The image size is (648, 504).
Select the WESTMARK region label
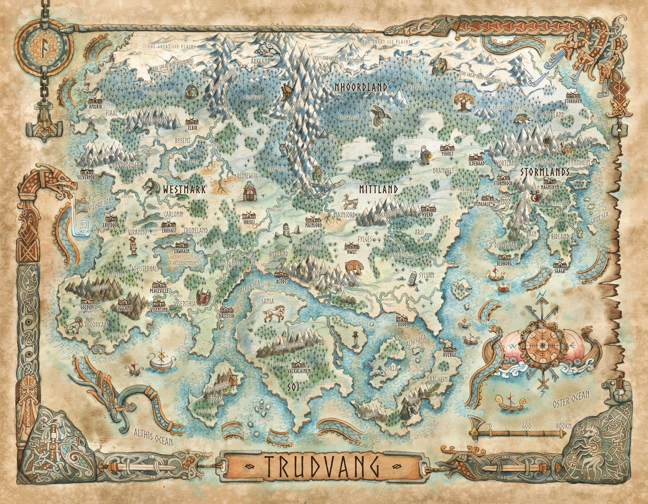click(184, 190)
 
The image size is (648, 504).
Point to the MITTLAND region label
click(378, 189)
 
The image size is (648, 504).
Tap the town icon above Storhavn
click(573, 96)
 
